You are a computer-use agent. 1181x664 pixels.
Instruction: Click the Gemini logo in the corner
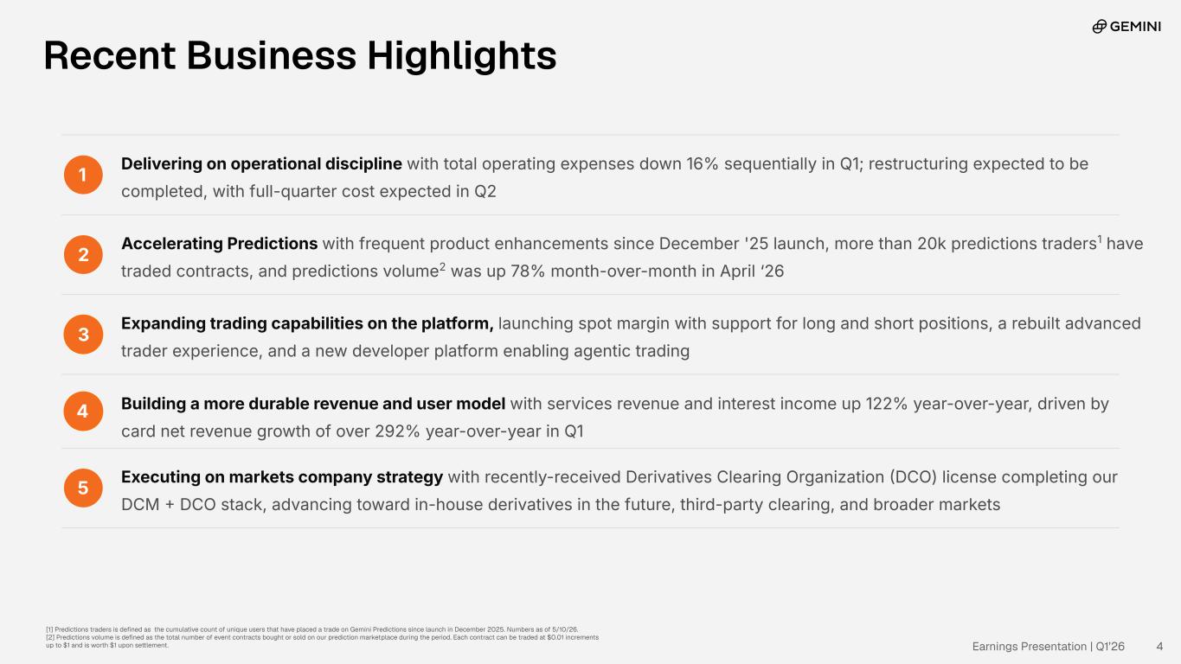1126,26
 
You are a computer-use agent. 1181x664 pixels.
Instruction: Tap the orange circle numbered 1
83,175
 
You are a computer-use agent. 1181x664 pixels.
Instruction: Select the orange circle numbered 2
83,254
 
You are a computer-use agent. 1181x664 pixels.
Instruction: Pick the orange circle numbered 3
83,334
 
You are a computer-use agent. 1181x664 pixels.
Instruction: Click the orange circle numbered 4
83,411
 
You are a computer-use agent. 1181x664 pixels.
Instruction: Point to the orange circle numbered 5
83,488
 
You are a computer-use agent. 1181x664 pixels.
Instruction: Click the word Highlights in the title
462,56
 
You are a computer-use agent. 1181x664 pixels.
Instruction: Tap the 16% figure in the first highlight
703,164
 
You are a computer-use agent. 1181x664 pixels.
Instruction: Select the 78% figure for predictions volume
527,271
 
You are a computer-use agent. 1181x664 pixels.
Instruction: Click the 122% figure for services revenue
886,405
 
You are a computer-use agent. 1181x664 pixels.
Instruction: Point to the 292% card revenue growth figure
397,431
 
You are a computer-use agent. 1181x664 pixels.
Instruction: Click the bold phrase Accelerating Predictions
220,244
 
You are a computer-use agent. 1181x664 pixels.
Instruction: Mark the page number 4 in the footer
1159,647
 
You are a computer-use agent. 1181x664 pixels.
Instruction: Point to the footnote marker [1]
49,629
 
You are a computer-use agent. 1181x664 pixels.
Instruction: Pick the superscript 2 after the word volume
442,266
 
